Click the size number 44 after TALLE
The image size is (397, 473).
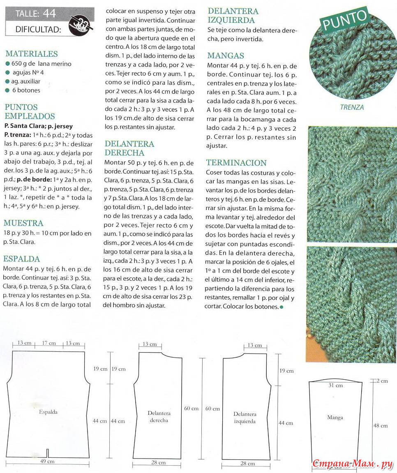(49, 14)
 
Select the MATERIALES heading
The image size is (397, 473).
(32, 54)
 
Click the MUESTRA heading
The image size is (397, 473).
(23, 223)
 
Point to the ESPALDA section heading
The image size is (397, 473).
(22, 259)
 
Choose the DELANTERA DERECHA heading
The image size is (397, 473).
(129, 148)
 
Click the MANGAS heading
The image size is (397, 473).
(226, 55)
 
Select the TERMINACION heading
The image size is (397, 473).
(237, 163)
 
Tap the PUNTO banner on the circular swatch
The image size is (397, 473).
(344, 20)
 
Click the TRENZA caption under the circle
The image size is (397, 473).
(352, 108)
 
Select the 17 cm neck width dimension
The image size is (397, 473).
(49, 343)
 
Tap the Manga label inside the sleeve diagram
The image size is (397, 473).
(335, 418)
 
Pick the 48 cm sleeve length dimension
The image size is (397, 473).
(381, 426)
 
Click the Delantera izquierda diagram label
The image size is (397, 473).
(245, 418)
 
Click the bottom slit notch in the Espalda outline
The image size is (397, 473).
(48, 453)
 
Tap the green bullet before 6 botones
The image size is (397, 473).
(8, 90)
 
